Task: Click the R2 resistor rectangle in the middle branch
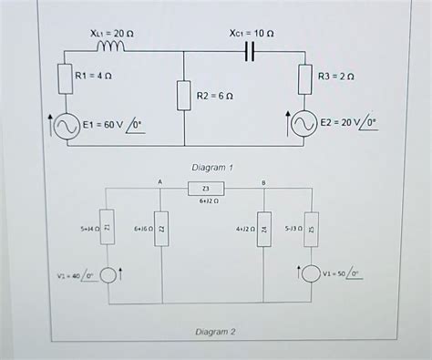point(184,95)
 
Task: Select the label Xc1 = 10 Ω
point(252,32)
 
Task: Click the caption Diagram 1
point(213,168)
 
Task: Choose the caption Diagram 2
point(215,332)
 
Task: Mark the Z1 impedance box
point(108,226)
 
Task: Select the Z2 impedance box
point(161,227)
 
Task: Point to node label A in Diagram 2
point(159,182)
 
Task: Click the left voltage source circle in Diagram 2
point(108,273)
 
